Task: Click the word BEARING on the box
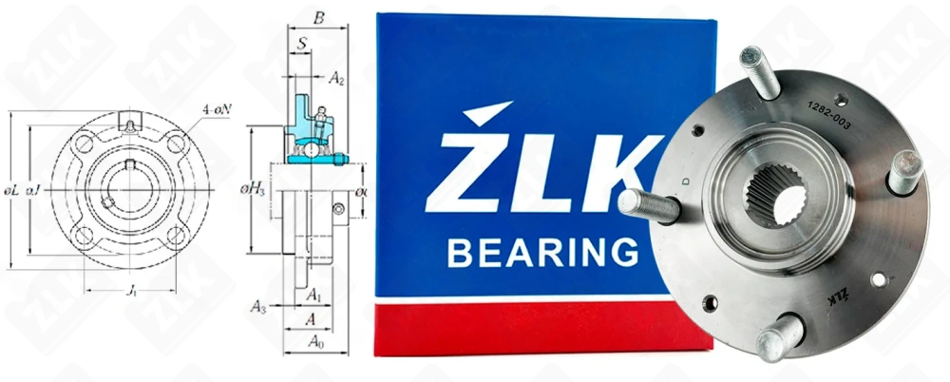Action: [542, 253]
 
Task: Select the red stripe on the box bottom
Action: [532, 328]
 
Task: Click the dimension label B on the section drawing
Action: [318, 16]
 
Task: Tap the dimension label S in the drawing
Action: [301, 44]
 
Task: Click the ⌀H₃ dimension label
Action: [254, 189]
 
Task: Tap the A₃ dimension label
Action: [258, 307]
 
